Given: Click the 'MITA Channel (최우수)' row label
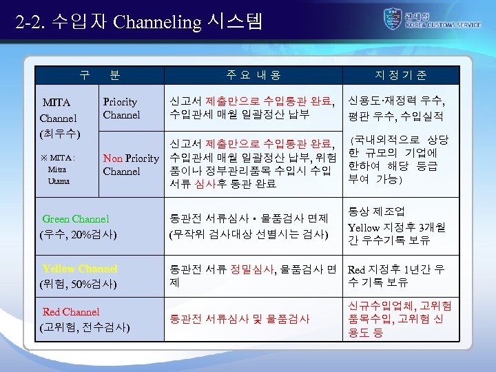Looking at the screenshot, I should click(x=61, y=118).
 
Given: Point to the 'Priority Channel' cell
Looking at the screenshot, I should click(x=121, y=108).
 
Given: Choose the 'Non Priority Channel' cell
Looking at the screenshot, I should click(x=131, y=165).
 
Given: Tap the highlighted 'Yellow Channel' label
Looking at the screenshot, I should click(x=80, y=269).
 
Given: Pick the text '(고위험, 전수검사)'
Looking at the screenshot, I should click(x=85, y=326).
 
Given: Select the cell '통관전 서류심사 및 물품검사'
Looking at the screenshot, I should click(x=240, y=319).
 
